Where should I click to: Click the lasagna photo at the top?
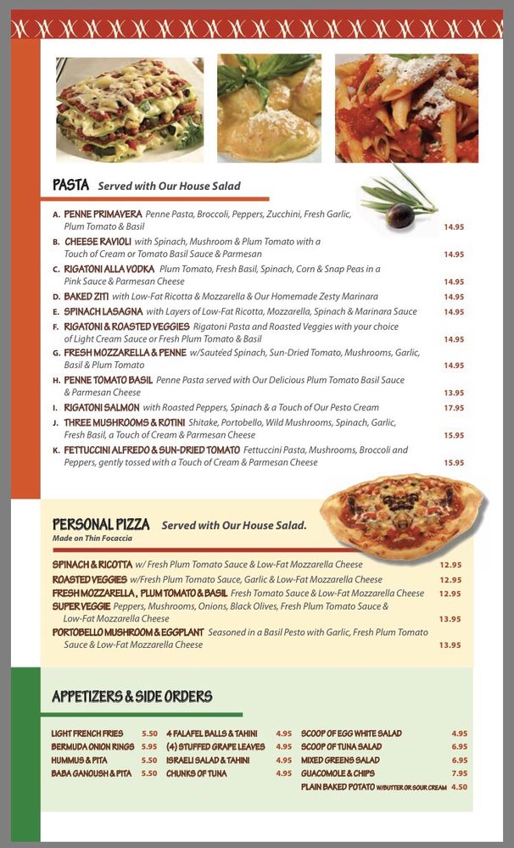pos(130,109)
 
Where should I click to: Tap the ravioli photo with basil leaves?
pos(269,109)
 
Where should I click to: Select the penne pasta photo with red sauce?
pos(406,109)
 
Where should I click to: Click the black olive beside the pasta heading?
pos(401,215)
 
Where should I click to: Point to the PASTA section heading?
pos(70,185)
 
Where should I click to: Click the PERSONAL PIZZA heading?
pos(101,524)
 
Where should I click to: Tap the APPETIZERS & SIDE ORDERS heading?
pos(131,696)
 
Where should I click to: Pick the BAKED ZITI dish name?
pos(86,297)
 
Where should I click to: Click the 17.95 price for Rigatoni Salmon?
pos(454,408)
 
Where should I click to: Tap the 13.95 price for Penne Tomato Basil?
pos(454,393)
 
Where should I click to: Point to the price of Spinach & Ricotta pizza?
pos(450,565)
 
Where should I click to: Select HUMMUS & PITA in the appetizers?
pos(79,761)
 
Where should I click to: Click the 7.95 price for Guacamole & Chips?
pos(459,773)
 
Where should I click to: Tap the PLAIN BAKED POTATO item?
pos(338,787)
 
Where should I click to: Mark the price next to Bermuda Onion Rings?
pos(149,747)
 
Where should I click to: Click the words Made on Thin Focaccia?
pos(92,538)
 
